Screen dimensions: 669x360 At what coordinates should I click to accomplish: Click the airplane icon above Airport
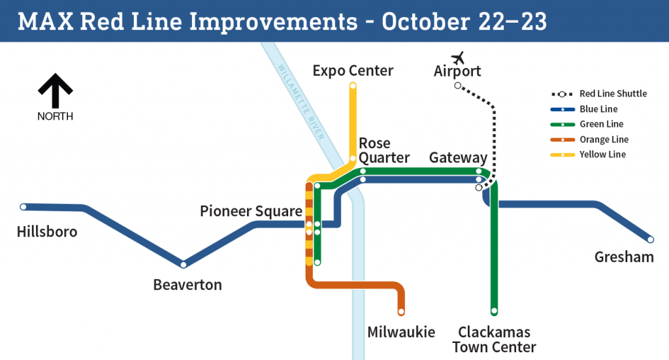[458, 57]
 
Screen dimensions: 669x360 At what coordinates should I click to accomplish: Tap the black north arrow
[55, 90]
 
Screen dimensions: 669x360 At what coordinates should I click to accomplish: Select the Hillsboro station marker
[24, 207]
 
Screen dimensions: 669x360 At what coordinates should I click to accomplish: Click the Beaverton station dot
[184, 265]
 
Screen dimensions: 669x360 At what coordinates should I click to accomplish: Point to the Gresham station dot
[651, 240]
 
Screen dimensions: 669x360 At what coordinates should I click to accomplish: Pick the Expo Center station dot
[353, 86]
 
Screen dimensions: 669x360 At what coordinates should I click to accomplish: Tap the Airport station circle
[458, 86]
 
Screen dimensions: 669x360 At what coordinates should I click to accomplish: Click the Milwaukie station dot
[401, 312]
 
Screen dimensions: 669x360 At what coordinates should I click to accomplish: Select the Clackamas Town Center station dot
[494, 311]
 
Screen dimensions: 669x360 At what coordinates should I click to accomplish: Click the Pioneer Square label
[251, 211]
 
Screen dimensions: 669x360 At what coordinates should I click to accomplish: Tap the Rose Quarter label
[384, 150]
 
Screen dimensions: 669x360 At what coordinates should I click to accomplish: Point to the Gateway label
[458, 158]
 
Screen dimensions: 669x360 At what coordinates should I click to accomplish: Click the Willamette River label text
[301, 101]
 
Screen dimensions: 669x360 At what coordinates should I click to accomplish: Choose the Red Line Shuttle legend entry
[599, 94]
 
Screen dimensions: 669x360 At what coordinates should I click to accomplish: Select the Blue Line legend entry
[583, 109]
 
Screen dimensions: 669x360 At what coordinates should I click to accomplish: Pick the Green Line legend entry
[587, 124]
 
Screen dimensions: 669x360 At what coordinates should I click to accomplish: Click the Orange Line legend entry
[589, 139]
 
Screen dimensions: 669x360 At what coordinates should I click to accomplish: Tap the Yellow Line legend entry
[588, 154]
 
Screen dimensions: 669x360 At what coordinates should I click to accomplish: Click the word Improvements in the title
[273, 22]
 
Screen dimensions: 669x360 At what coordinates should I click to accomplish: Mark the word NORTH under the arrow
[55, 116]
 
